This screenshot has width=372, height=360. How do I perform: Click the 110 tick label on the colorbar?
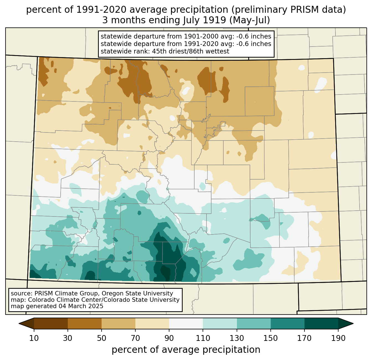click(x=203, y=338)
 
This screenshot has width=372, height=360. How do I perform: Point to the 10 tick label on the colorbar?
click(x=34, y=338)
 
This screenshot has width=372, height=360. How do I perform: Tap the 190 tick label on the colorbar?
click(x=338, y=338)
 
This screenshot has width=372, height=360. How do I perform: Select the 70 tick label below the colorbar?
click(x=135, y=338)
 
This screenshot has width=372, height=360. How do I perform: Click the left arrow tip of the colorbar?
click(x=19, y=323)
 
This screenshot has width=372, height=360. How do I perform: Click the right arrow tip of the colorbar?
click(x=353, y=323)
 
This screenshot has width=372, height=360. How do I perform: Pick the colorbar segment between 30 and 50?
click(x=84, y=323)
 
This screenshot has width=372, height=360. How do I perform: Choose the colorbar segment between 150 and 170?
click(x=287, y=323)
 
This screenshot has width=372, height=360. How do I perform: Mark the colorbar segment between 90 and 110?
click(x=186, y=323)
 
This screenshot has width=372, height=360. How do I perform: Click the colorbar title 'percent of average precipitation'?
click(x=186, y=350)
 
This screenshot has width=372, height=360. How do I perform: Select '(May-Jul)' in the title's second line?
click(x=249, y=20)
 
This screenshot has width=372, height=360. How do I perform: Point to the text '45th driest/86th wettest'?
click(x=191, y=51)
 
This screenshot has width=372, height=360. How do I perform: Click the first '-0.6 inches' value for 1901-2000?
click(x=254, y=36)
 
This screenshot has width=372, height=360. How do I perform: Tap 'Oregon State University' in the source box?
click(x=137, y=293)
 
